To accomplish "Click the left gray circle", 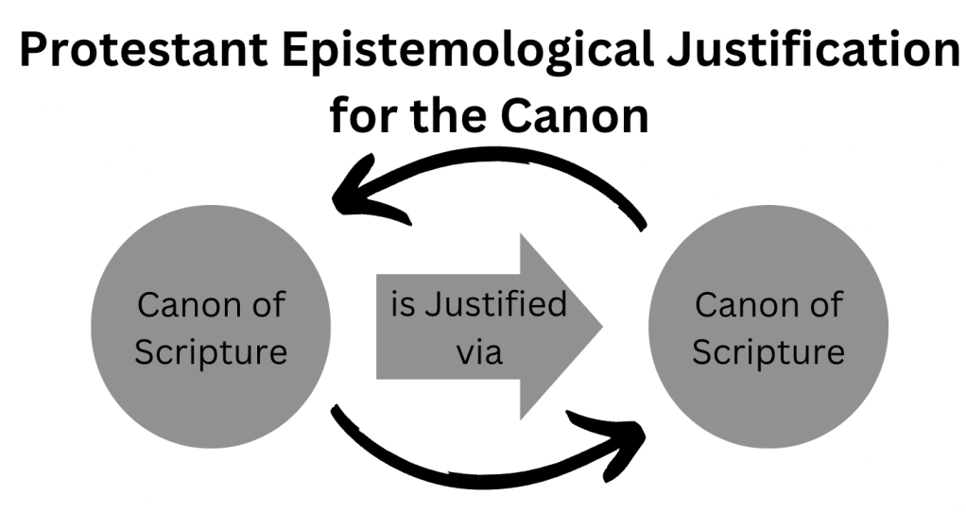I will coord(210,327).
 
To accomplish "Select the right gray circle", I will coord(768,327).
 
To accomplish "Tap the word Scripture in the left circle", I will coord(210,351).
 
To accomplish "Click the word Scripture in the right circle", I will coord(768,351).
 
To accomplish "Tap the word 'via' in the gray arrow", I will coord(478,351).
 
